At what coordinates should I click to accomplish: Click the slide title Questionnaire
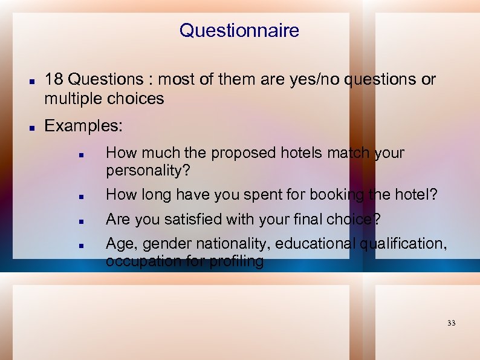[239, 30]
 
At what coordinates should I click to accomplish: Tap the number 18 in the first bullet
[53, 80]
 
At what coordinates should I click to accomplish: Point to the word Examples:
[83, 126]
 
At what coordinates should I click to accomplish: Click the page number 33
[451, 323]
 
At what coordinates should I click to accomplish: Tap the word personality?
[148, 171]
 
